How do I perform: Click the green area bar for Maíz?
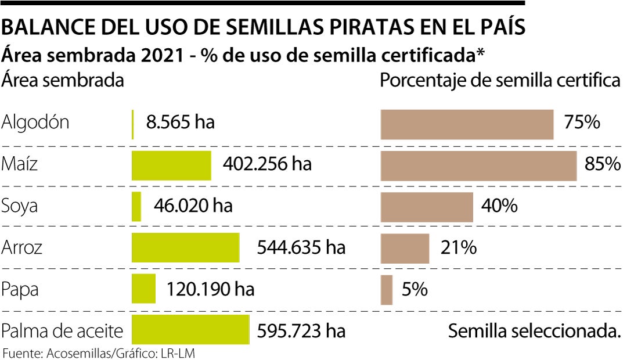[171, 165]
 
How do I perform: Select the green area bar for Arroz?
[185, 248]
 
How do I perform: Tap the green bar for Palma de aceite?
[190, 330]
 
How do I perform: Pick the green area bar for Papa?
[143, 289]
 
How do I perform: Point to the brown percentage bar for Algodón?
[467, 124]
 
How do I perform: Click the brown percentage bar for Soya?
[427, 207]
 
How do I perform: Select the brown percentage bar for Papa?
[387, 289]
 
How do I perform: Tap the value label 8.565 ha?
[180, 123]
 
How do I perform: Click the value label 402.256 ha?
[267, 164]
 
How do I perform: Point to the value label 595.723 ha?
[301, 331]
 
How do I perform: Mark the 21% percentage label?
[458, 248]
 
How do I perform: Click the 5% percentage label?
[415, 289]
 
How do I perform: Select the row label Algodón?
[36, 123]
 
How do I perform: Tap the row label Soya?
[20, 206]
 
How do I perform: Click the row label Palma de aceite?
[63, 331]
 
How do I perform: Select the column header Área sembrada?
[63, 80]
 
